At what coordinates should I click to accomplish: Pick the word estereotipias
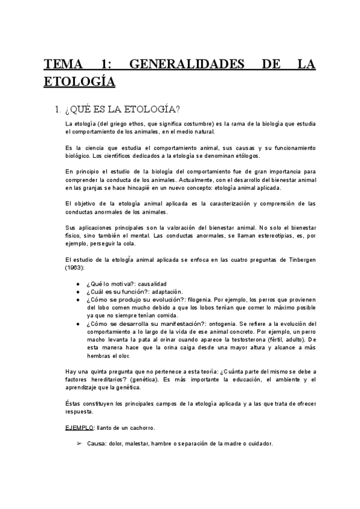268,236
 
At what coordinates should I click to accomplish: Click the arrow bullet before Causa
79,443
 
